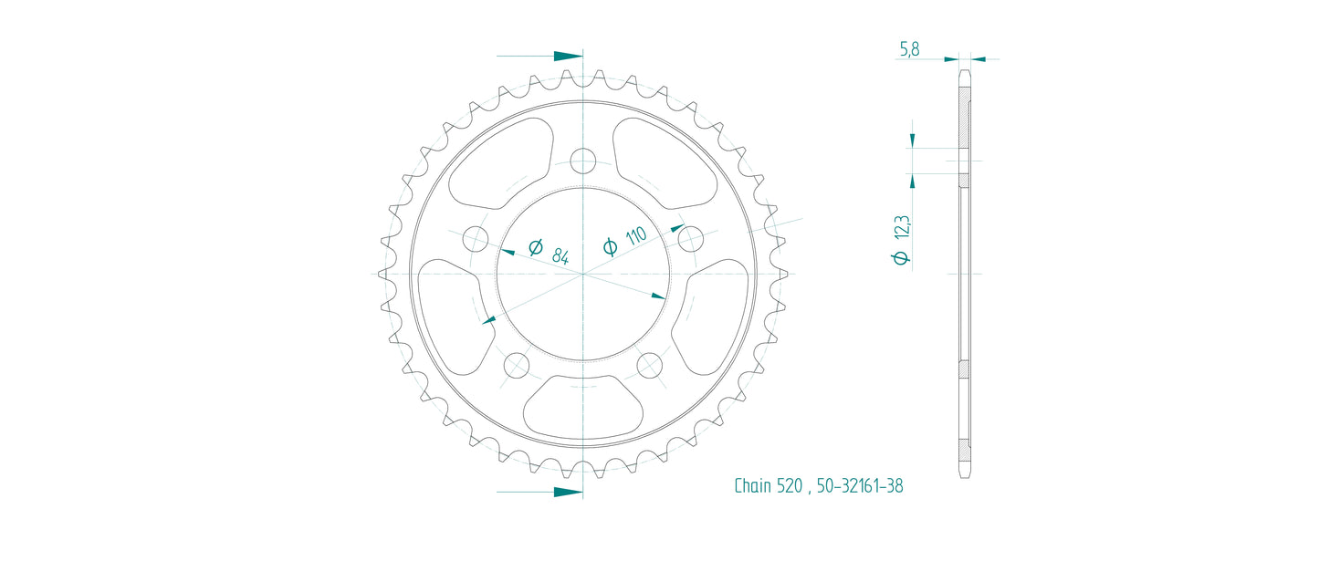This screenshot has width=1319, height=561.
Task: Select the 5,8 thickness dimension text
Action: click(909, 49)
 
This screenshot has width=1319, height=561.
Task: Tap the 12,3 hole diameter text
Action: click(902, 226)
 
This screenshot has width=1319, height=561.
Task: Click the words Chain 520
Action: click(767, 486)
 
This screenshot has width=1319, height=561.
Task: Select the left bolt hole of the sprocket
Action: click(476, 240)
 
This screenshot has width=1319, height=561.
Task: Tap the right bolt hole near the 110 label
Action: click(690, 239)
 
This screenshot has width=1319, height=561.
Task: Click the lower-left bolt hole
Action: click(516, 366)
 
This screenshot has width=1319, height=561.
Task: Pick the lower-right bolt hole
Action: click(649, 366)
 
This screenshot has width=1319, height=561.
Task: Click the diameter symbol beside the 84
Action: click(536, 246)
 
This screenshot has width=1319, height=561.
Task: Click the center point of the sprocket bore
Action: click(582, 274)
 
